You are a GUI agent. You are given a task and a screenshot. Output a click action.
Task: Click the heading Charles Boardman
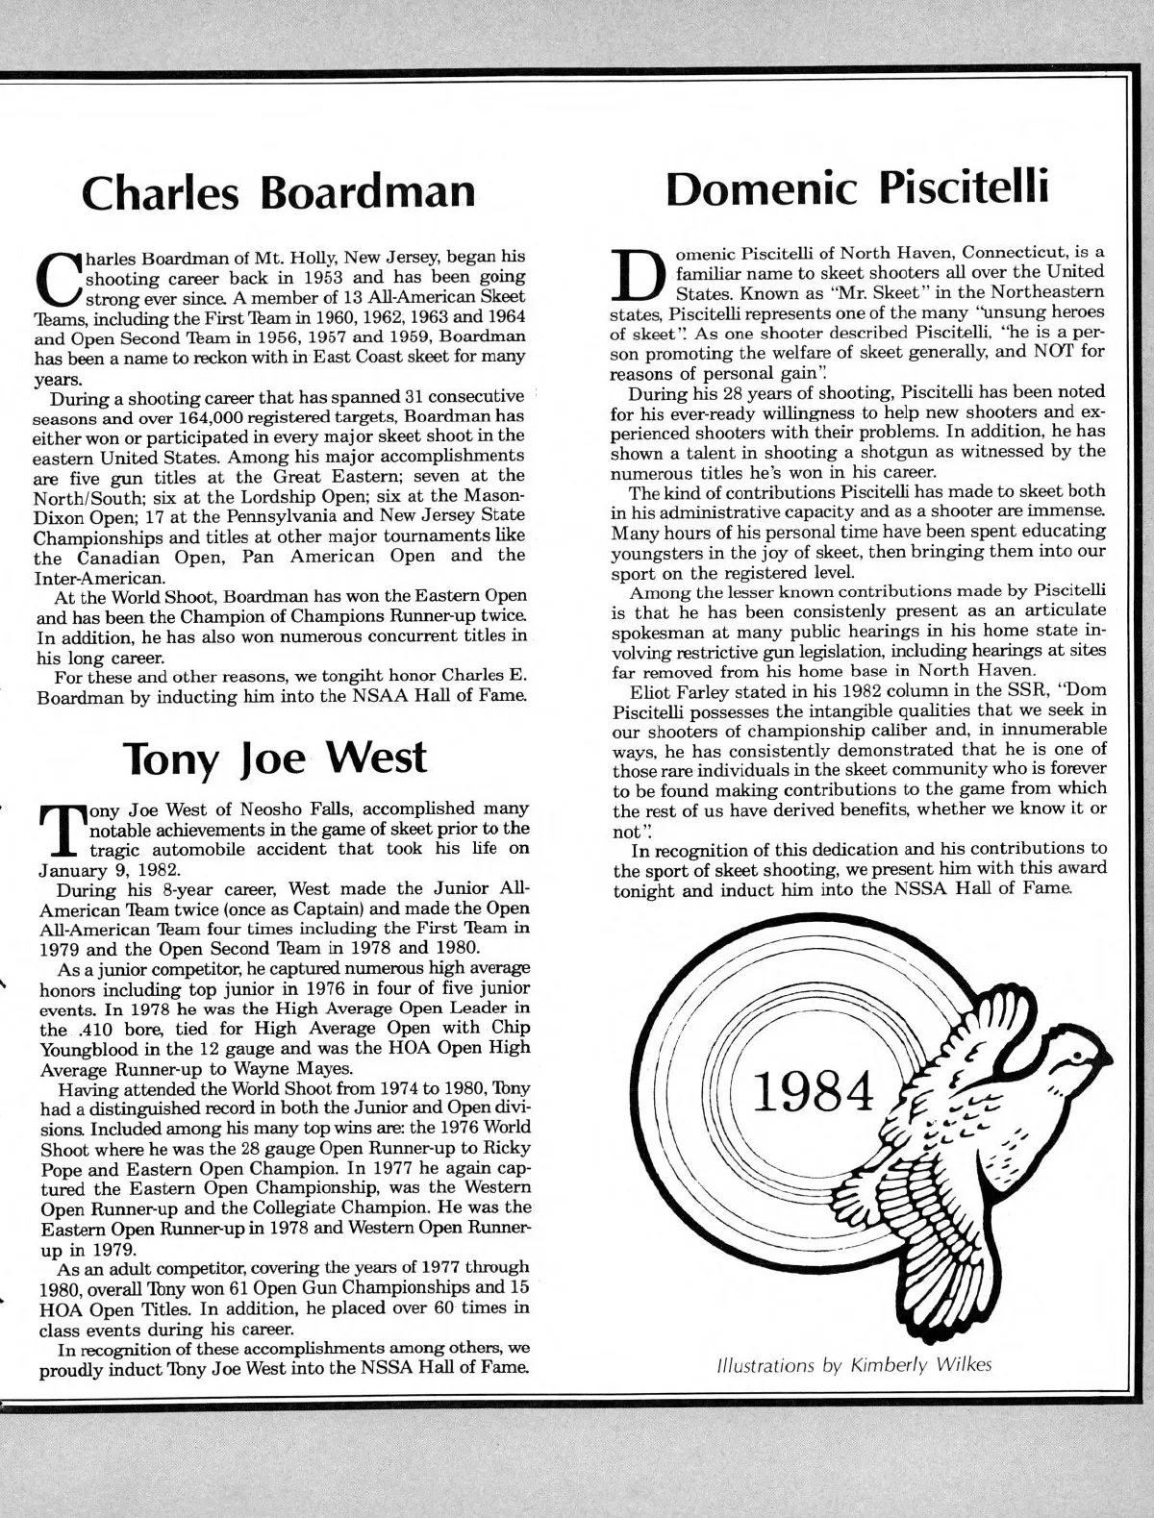(279, 191)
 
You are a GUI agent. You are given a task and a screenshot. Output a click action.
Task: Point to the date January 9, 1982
(87, 866)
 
